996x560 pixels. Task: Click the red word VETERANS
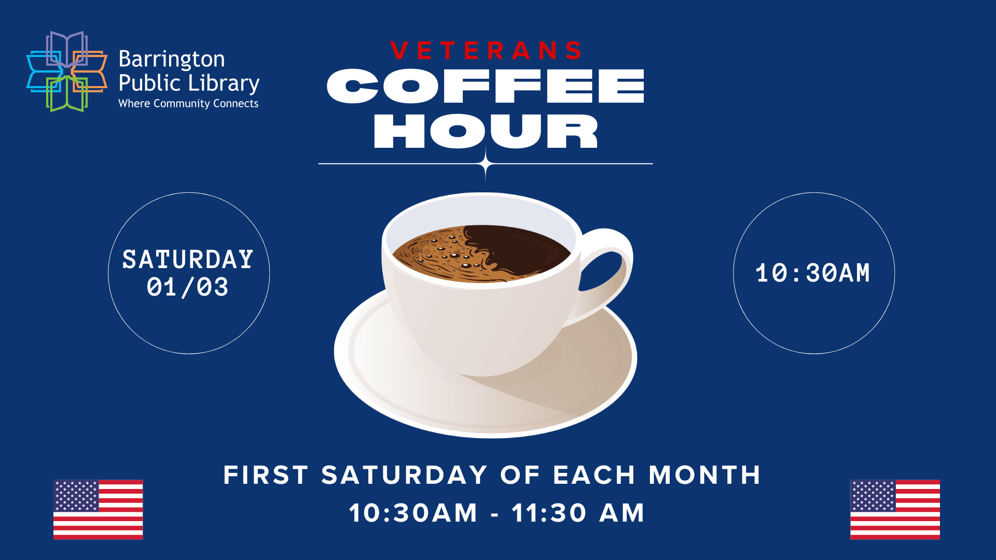(x=486, y=51)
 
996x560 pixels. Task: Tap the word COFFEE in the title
(x=486, y=86)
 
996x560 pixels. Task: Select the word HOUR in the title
(x=486, y=131)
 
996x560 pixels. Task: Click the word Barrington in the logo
(x=172, y=60)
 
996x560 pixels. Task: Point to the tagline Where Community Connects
(x=188, y=104)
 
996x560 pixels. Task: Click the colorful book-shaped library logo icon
(x=66, y=72)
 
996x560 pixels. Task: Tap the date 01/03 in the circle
(x=187, y=287)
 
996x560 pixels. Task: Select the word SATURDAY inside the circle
(x=188, y=259)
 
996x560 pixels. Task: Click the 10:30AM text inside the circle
(x=813, y=273)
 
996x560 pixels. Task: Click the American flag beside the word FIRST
(x=98, y=509)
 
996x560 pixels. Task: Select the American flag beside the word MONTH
(x=895, y=509)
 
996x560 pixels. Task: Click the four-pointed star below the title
(x=486, y=164)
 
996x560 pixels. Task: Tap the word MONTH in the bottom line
(x=704, y=475)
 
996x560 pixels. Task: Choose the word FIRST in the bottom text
(x=266, y=475)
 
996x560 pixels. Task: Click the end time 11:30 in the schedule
(x=549, y=513)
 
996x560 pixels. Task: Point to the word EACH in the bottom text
(x=594, y=475)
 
